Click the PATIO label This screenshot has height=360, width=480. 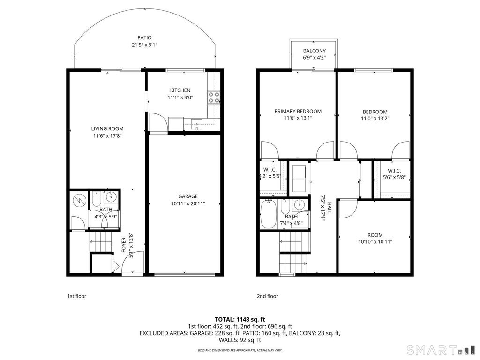click(144, 37)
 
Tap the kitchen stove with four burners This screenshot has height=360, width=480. click(214, 97)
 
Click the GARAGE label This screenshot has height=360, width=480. click(188, 196)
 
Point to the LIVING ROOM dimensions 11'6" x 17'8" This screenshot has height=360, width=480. click(107, 136)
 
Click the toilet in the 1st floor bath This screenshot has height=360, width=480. click(97, 198)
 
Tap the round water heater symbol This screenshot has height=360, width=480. click(79, 201)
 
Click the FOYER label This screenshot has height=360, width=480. click(124, 245)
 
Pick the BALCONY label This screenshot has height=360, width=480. click(315, 51)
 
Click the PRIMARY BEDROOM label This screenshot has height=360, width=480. click(298, 111)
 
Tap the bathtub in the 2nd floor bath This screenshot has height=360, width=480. click(269, 214)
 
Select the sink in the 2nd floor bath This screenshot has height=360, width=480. click(299, 204)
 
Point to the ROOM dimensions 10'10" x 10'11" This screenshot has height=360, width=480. click(375, 242)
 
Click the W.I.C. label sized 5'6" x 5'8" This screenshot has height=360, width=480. click(394, 171)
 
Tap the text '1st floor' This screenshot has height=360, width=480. click(76, 296)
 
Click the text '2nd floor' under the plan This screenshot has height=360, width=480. click(267, 296)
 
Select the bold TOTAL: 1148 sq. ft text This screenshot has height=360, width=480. click(240, 320)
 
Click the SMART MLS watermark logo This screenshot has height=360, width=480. click(441, 349)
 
